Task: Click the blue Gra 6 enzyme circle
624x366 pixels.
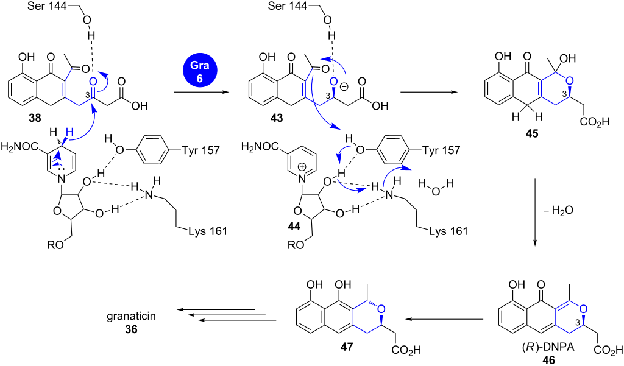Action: [199, 71]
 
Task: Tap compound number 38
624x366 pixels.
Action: [35, 118]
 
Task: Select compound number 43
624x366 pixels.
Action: [277, 118]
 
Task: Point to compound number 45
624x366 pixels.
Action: [531, 133]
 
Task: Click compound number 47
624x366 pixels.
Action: [346, 347]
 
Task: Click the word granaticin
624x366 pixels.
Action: [131, 316]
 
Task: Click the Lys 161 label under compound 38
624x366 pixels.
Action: [208, 231]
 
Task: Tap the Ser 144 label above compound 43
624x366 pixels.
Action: [287, 5]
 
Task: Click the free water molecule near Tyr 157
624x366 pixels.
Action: [436, 187]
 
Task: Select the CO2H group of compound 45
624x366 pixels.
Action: [594, 122]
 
